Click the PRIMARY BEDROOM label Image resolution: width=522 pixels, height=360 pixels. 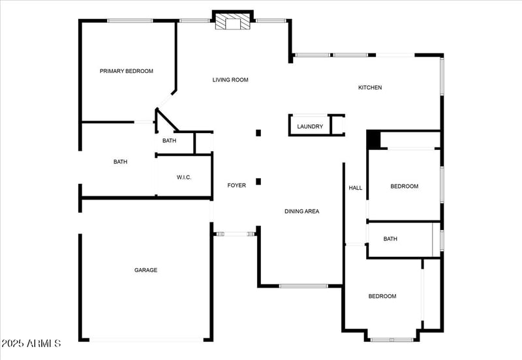pos(127,71)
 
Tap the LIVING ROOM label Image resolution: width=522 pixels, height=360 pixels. pos(230,80)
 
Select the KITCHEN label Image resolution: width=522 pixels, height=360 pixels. pos(370,87)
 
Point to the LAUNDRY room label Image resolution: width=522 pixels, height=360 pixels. pos(310,127)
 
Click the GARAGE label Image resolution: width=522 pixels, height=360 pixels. pos(146,270)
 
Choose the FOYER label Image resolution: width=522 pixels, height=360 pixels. pos(236,186)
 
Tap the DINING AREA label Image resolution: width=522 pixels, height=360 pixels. pos(301,211)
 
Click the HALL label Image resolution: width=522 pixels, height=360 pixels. pos(356,188)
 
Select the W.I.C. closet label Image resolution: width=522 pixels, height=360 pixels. pos(184,178)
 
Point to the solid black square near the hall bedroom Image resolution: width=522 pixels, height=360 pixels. pos(373,140)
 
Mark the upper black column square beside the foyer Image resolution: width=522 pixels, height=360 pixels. pos(258,133)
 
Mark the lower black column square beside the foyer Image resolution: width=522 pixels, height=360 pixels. pos(258,181)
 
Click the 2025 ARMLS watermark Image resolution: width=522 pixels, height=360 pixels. pos(31,343)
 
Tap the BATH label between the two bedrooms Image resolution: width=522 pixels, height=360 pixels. pos(390,239)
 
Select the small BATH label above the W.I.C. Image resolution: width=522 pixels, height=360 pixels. pos(169,141)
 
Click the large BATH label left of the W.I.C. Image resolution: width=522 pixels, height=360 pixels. pos(120,162)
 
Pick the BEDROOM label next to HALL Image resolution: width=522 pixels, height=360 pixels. pos(405,187)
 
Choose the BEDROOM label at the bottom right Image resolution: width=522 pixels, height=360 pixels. pos(382,296)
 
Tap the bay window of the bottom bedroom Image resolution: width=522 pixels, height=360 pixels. pos(391,339)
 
